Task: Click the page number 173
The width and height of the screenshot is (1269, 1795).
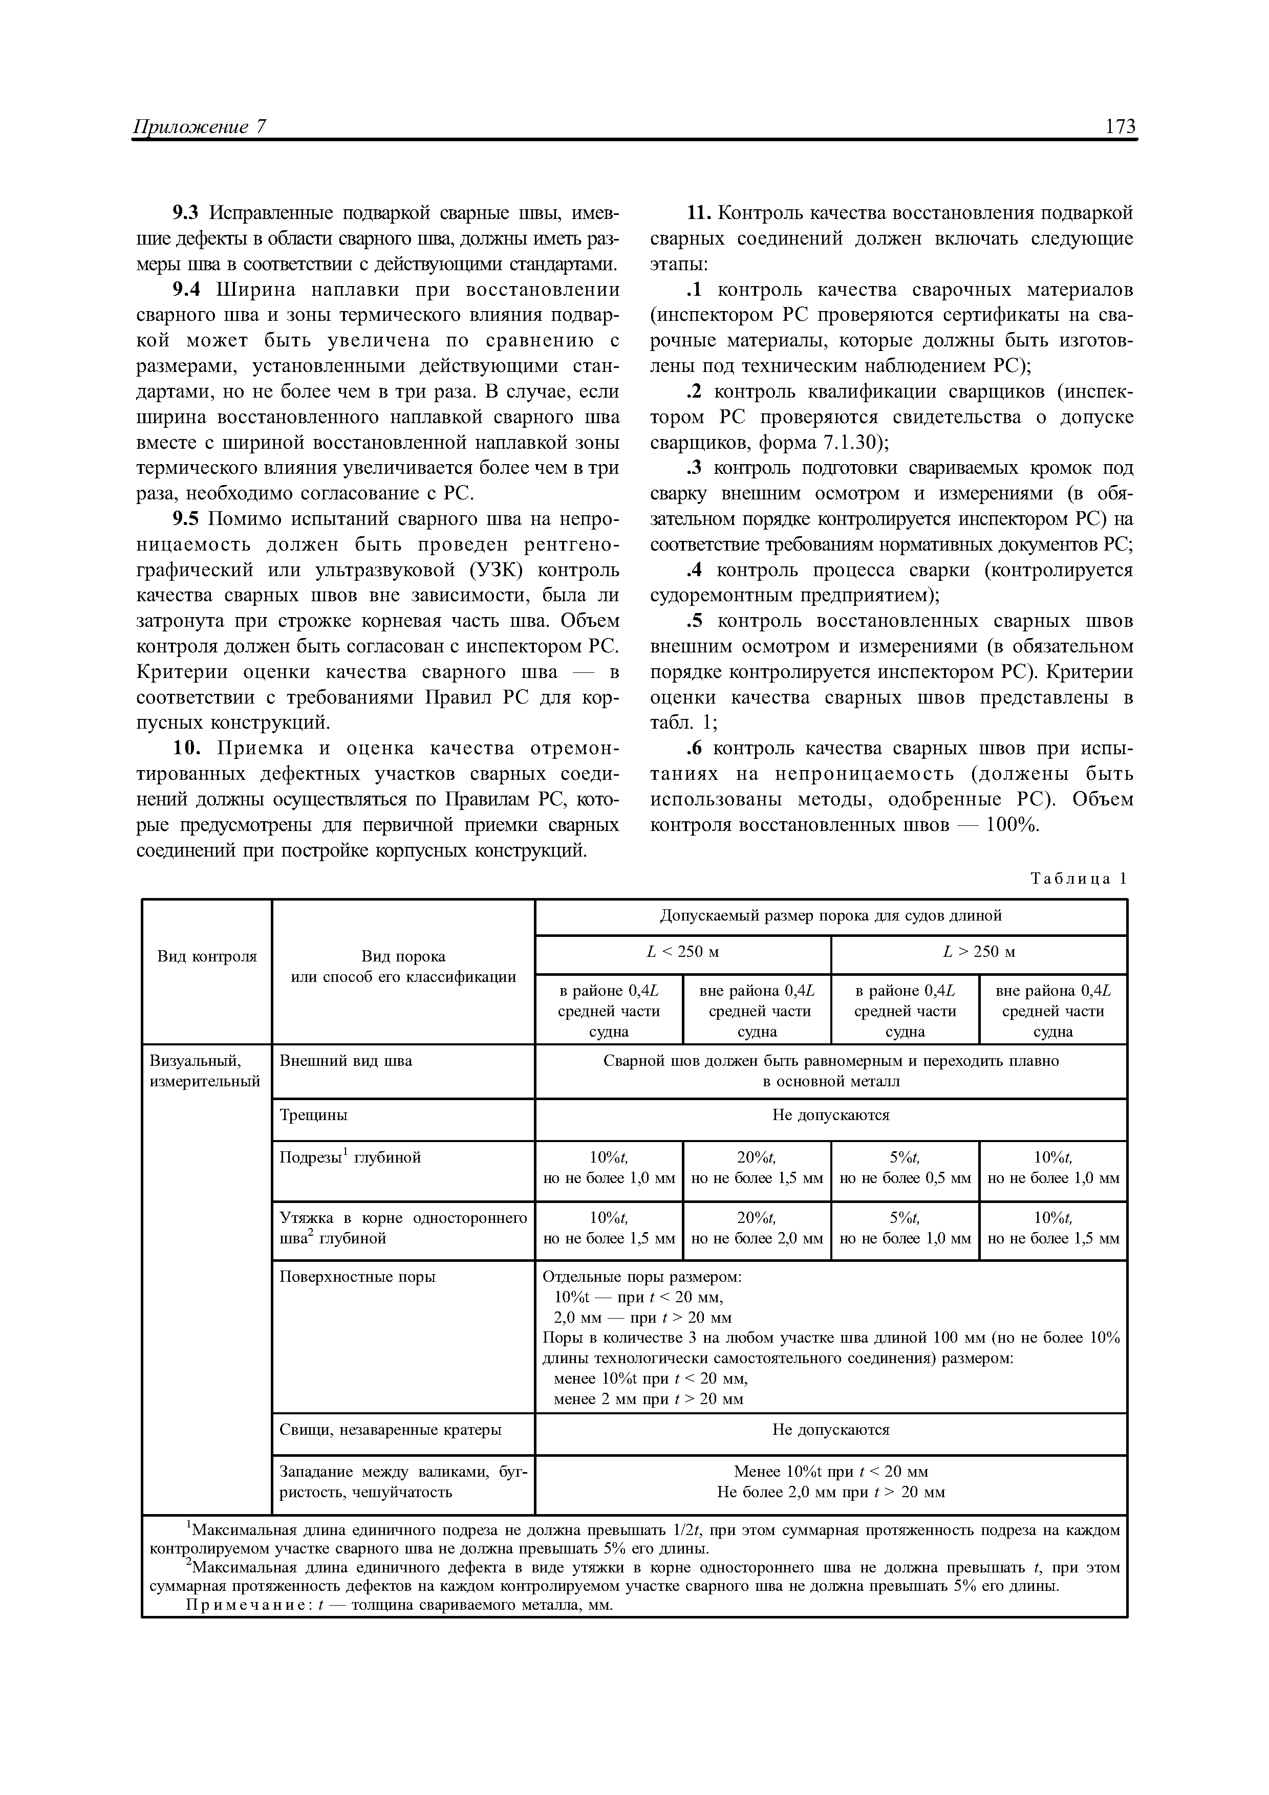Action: coord(1120,127)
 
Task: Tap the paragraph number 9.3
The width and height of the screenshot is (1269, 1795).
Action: coord(186,213)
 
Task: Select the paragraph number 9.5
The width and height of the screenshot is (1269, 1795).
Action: coord(186,519)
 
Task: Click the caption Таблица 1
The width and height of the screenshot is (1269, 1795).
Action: coord(1079,878)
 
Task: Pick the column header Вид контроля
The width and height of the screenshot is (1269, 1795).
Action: coord(206,956)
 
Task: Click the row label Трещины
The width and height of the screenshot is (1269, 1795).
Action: coord(313,1115)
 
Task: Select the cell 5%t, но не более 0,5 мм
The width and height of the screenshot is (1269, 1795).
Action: coord(905,1167)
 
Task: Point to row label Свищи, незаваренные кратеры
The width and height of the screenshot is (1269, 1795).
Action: coord(390,1430)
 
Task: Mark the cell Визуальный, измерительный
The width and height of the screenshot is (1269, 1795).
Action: coord(203,1071)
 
